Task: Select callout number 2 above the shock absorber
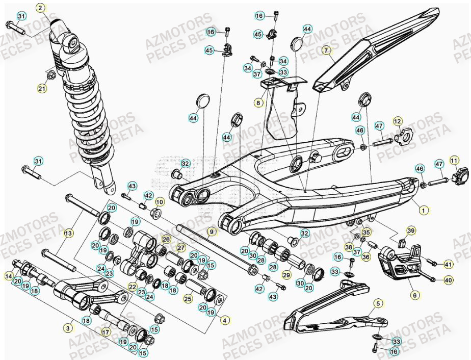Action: click(x=41, y=8)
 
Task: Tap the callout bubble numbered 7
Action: click(x=327, y=50)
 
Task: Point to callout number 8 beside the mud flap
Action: click(x=259, y=102)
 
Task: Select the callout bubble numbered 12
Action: click(x=398, y=121)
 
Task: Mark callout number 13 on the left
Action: click(x=69, y=233)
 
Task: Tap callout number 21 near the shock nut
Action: click(x=41, y=89)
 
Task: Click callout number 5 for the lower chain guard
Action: click(x=378, y=304)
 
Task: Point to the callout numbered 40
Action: click(x=448, y=279)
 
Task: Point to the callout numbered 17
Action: click(x=106, y=331)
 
